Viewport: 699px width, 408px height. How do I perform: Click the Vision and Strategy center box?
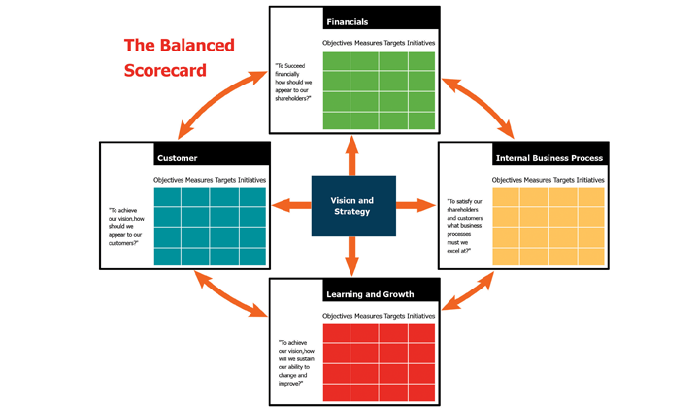(x=353, y=206)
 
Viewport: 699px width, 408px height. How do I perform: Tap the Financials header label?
(x=348, y=21)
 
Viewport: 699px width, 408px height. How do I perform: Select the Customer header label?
(x=177, y=158)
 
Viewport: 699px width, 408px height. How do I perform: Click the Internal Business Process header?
(x=549, y=158)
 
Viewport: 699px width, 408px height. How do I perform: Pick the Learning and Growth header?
(x=370, y=294)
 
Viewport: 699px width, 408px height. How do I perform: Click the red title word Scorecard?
(x=165, y=71)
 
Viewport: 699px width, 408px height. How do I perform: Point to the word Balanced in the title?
(x=197, y=45)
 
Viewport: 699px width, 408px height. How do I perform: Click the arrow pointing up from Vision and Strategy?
(x=352, y=155)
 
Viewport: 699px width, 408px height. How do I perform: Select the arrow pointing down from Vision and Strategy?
(x=352, y=255)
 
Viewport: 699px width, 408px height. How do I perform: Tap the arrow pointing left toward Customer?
(x=291, y=206)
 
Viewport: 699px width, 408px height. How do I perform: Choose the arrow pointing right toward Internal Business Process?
(x=416, y=206)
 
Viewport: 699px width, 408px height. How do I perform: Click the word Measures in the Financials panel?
(x=368, y=43)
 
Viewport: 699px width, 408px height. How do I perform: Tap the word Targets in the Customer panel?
(x=225, y=180)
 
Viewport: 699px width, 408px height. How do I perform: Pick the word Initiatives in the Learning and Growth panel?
(x=420, y=316)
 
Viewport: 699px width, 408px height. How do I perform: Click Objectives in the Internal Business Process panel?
(x=507, y=180)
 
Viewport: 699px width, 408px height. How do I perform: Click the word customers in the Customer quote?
(x=123, y=243)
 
